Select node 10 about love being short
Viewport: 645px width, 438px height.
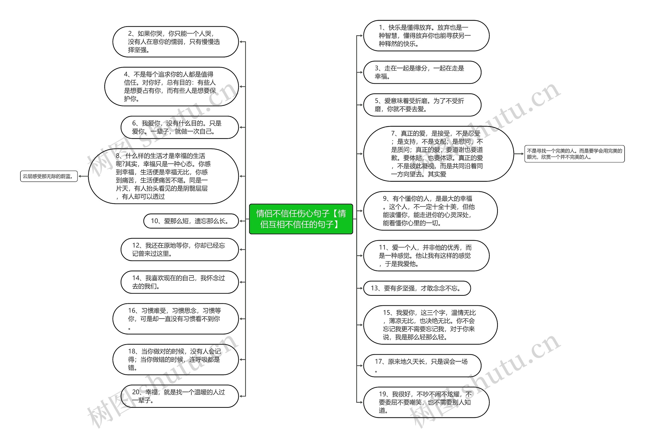click(191, 221)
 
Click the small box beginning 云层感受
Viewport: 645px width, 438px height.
click(49, 176)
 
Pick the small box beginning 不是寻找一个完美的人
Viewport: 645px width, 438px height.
click(574, 154)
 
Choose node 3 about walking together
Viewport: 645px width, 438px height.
click(422, 72)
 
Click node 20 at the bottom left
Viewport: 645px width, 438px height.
click(180, 396)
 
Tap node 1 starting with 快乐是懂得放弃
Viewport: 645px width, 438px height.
click(426, 35)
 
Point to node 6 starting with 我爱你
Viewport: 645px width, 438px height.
click(180, 127)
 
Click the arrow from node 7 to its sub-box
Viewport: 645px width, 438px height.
click(519, 154)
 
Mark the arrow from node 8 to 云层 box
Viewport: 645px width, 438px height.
click(83, 176)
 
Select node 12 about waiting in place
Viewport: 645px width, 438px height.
click(180, 249)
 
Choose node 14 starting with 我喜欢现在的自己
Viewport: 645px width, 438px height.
click(180, 282)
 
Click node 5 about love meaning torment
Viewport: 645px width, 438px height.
click(422, 105)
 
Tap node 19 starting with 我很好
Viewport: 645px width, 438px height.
click(426, 402)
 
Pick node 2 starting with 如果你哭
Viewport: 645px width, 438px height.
click(175, 42)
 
